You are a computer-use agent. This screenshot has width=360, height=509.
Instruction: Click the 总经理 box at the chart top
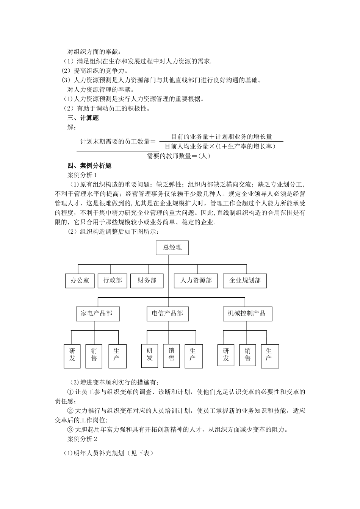pos(172,248)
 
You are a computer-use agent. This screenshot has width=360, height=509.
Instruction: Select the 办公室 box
pos(80,281)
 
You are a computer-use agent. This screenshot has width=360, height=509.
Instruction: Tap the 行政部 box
pos(113,281)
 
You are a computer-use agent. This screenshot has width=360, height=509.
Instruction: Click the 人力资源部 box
pos(196,281)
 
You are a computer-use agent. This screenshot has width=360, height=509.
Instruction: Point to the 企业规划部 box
pos(245,281)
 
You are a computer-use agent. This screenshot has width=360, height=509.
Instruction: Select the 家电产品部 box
pos(97,314)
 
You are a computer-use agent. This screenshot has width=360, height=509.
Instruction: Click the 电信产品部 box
pos(167,314)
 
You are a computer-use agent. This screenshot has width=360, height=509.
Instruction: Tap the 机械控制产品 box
pos(247,314)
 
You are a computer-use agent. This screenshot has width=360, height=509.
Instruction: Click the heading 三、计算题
pos(83,118)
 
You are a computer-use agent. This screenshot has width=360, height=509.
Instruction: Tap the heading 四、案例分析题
pos(89,166)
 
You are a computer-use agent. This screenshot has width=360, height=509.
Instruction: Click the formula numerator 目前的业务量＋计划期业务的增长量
pos(221,137)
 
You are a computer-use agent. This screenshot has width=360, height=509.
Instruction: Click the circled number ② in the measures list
pos(70,411)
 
